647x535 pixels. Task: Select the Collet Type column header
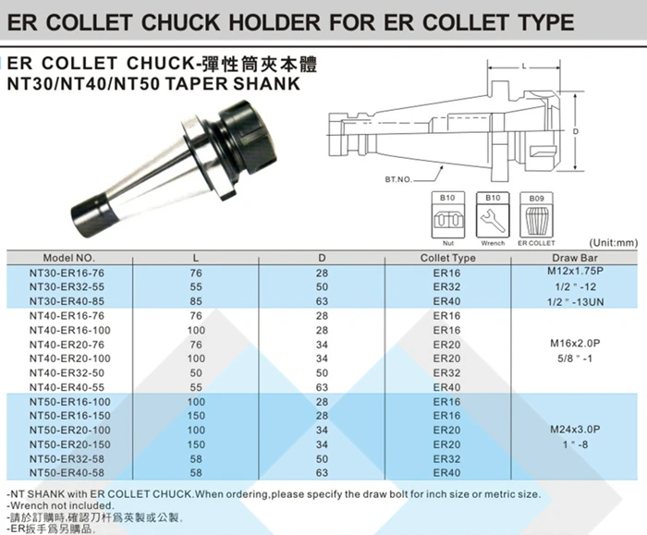coord(447,258)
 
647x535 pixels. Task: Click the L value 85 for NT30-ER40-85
coord(195,301)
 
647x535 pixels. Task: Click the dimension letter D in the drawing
coord(575,132)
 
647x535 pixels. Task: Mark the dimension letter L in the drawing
coord(523,67)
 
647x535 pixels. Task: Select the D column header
coord(322,258)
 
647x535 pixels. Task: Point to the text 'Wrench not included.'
coord(61,506)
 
